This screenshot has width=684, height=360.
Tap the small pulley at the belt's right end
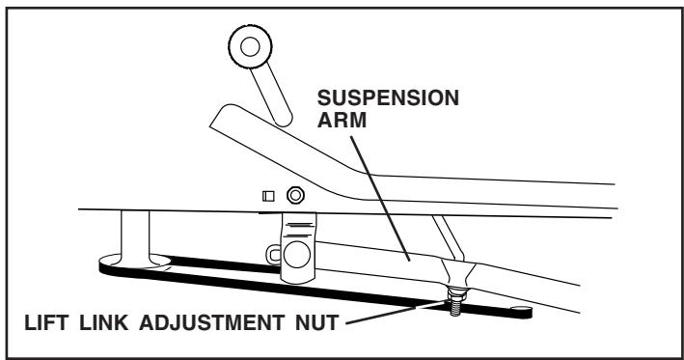(521, 311)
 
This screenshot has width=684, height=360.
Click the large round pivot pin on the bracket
(296, 254)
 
